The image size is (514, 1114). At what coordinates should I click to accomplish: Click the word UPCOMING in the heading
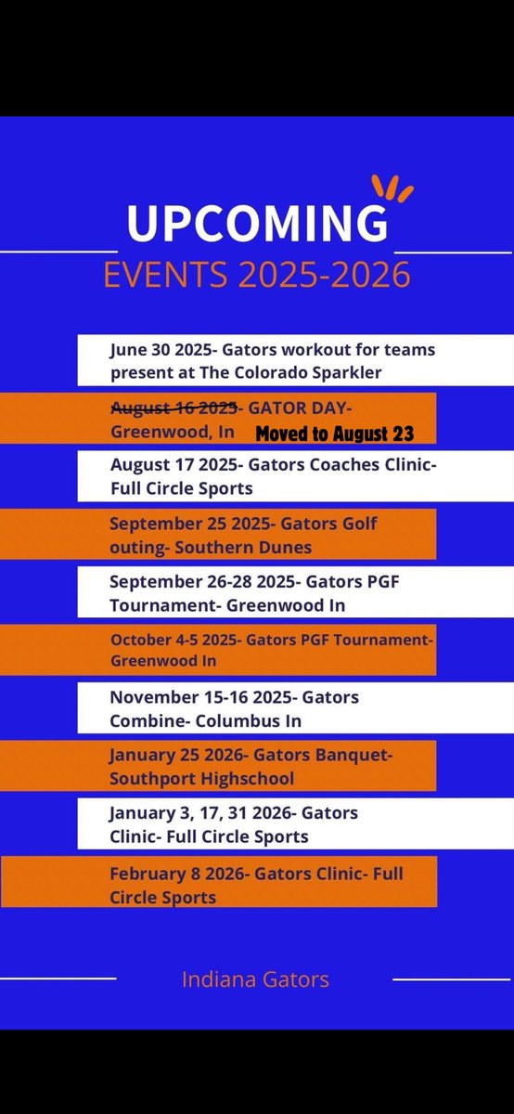coord(257,225)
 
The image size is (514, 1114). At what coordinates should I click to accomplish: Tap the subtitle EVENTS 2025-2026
coord(257,276)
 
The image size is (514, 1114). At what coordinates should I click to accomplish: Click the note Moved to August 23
coord(334,433)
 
